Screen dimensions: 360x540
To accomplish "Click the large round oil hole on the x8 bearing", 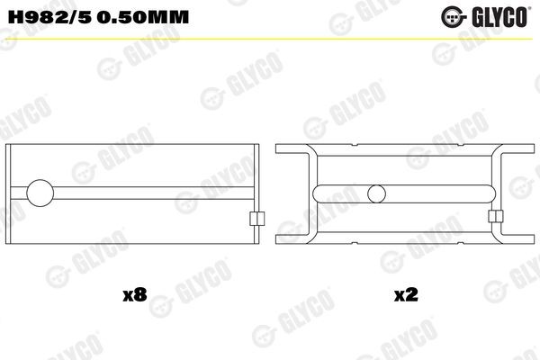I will pyautogui.click(x=41, y=192).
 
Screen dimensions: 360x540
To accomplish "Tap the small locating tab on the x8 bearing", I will pyautogui.click(x=255, y=219).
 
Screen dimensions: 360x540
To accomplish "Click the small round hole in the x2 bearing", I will pyautogui.click(x=379, y=192).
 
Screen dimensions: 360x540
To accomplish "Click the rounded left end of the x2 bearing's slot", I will pyautogui.click(x=321, y=192).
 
